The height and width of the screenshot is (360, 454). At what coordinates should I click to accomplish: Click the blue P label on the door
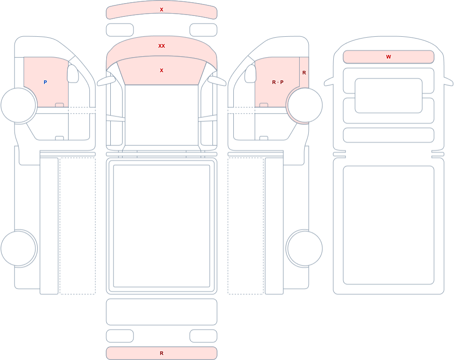45,82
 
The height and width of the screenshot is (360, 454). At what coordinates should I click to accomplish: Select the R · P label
278,82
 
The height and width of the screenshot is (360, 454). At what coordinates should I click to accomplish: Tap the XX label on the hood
162,46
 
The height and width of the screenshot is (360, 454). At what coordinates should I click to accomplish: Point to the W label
389,57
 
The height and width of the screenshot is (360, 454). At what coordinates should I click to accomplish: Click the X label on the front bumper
162,10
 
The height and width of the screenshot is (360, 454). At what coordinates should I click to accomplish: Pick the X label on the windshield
162,70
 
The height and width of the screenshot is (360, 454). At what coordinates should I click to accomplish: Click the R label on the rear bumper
162,353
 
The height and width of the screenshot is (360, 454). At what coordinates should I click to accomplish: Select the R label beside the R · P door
304,73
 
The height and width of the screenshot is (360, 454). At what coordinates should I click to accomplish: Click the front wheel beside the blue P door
18,105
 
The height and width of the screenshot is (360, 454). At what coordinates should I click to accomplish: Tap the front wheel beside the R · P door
305,105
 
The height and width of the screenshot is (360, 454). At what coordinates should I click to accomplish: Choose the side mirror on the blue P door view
73,74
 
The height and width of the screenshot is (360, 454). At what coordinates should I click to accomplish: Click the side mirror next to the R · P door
251,74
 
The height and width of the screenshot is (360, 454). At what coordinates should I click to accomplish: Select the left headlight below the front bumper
120,30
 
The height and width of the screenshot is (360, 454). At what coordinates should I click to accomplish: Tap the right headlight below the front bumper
203,30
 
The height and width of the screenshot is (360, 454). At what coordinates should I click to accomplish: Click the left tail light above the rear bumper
120,336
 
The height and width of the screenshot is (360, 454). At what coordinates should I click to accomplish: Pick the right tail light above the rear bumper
203,336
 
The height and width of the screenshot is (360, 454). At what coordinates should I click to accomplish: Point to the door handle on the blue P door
59,105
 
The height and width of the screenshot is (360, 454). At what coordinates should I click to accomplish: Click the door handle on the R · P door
264,105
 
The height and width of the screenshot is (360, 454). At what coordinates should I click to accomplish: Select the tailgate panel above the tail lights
162,312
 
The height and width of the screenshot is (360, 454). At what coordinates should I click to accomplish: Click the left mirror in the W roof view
329,82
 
